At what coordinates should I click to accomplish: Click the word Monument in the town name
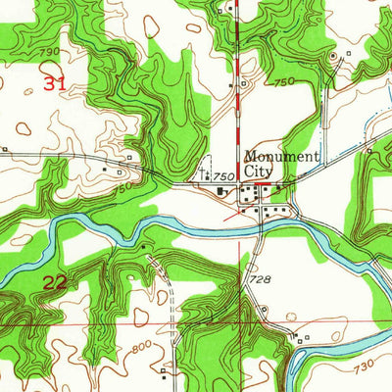[x=281, y=155]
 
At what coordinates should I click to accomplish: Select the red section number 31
[x=55, y=84]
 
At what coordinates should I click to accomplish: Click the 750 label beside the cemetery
[x=224, y=174]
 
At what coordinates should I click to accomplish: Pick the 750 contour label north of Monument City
[x=284, y=83]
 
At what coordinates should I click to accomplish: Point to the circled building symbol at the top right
[x=332, y=57]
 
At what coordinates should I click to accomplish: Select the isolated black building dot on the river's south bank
[x=144, y=245]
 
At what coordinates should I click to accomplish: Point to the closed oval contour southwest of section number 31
[x=24, y=125]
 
